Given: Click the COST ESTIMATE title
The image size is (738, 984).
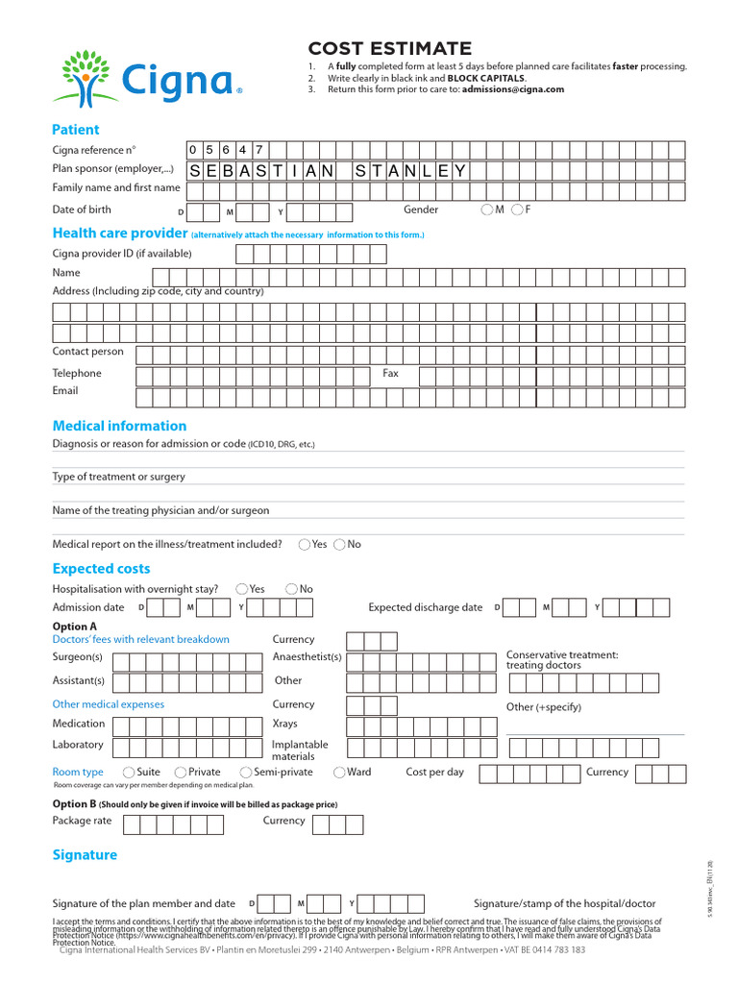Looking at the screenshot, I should point(389,49).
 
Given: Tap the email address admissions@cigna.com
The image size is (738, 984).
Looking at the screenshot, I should point(515,89).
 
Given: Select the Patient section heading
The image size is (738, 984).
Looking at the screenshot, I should point(75,130).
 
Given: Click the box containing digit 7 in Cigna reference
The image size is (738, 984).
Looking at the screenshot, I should point(260,149).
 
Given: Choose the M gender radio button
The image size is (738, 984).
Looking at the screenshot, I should point(488,209).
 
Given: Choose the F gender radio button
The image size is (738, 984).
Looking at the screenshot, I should point(518,209).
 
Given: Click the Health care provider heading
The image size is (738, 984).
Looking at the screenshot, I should point(119,234).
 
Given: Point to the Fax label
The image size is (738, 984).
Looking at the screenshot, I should point(391,373).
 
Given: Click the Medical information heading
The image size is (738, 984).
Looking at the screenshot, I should point(119,426).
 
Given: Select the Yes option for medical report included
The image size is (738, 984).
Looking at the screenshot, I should point(305,545).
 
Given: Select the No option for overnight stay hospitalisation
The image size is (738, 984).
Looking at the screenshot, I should point(291,589).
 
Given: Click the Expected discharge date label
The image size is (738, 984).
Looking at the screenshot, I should point(426,607).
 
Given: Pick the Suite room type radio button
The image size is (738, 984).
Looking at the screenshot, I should point(129,773).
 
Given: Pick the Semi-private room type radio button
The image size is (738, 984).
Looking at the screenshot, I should point(246,773).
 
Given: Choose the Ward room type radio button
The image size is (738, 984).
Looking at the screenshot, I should point(339,773).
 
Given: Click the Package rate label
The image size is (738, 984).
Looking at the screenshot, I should point(82,821).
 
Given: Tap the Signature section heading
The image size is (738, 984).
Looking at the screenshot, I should point(85,855).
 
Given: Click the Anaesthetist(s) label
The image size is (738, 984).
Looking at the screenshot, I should point(307,657).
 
